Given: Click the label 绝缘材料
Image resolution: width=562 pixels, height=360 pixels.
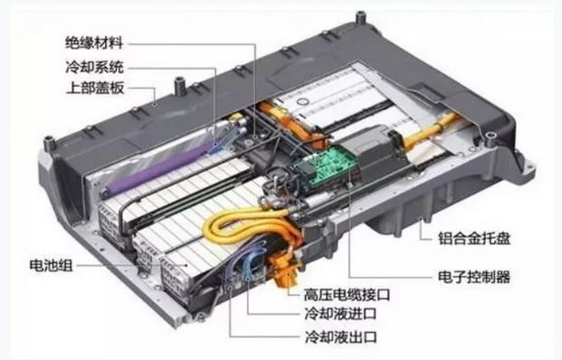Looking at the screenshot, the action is click(x=94, y=43).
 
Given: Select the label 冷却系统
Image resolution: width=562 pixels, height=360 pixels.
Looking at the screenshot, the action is click(x=95, y=67).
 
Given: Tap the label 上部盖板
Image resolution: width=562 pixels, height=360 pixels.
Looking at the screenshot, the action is click(x=95, y=88).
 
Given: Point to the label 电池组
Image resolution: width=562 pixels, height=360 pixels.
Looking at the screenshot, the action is click(x=52, y=265).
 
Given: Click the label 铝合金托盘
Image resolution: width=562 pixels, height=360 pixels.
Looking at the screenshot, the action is click(x=474, y=238).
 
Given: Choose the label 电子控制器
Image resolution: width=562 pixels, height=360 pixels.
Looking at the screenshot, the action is click(x=474, y=277).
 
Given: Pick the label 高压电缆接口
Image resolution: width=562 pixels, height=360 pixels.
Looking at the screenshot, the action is click(x=347, y=295).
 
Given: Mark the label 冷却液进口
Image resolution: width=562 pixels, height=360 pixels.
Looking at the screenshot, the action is click(x=340, y=314).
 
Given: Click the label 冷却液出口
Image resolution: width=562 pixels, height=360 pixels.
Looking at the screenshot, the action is click(x=340, y=336).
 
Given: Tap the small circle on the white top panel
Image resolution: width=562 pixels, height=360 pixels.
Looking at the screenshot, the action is click(x=303, y=101).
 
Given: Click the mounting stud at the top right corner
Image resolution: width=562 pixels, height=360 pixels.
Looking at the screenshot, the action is click(x=360, y=17).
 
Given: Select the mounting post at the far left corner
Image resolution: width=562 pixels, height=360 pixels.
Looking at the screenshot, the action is click(x=49, y=143).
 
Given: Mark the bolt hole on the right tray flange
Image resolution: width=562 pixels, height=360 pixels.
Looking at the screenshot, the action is click(x=490, y=135).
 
